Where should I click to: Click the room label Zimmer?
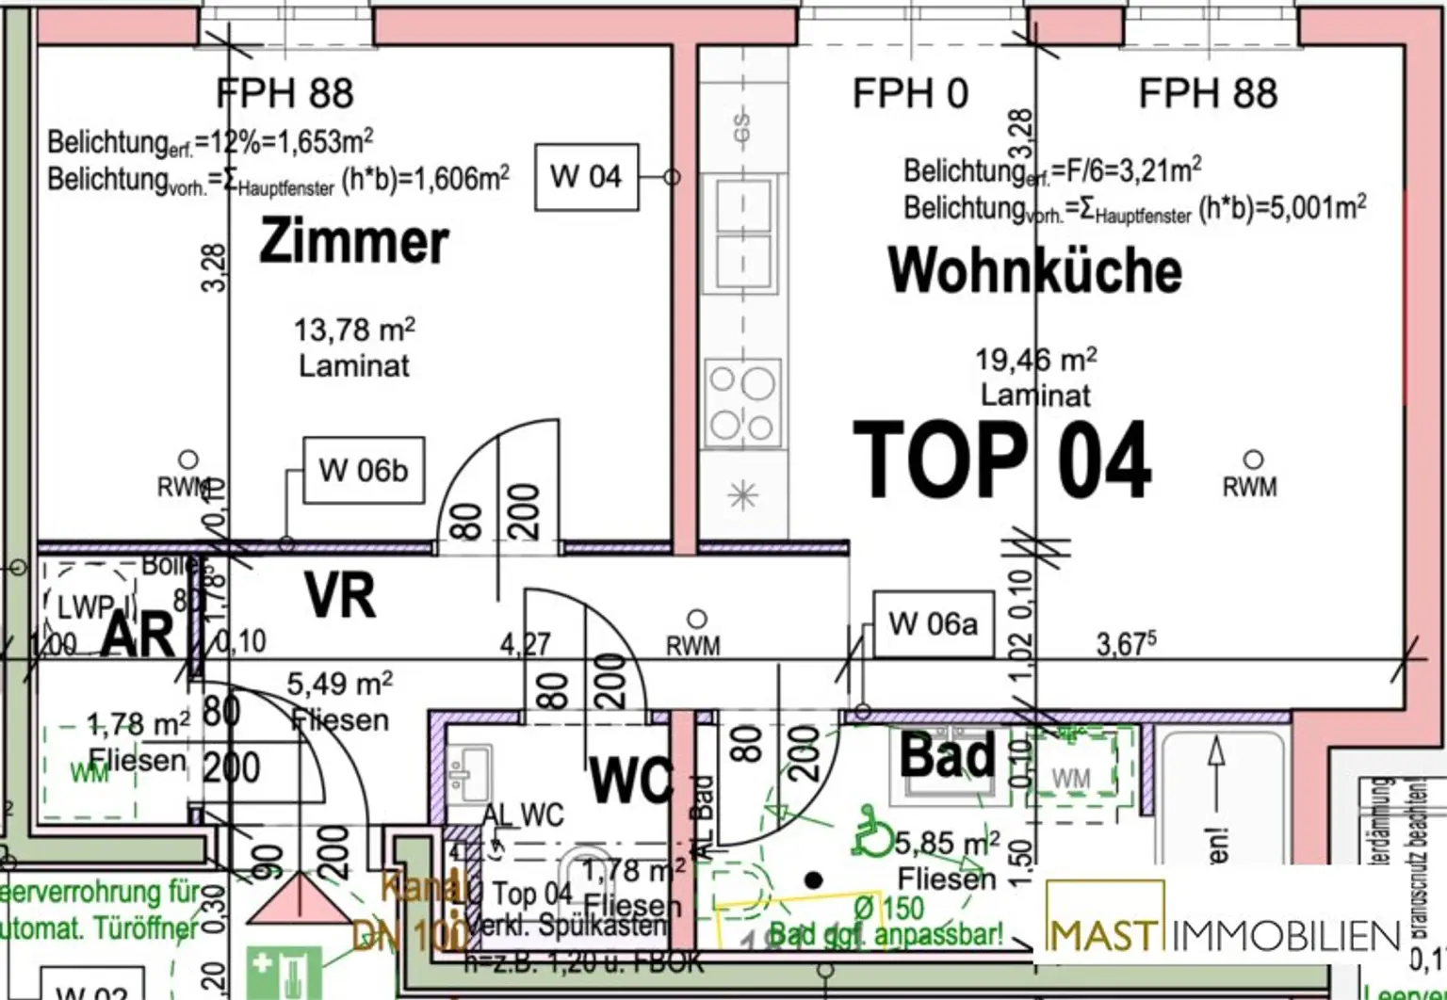tap(353, 241)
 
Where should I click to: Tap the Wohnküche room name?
tap(1034, 270)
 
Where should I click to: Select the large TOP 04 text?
tap(1001, 460)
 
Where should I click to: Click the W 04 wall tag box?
tap(586, 176)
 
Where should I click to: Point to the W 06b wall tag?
tap(363, 470)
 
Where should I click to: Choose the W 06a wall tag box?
tap(933, 623)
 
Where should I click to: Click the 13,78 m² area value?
tap(354, 330)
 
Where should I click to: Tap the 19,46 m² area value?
tap(1035, 360)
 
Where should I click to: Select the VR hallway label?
tap(340, 595)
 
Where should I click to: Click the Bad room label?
tap(947, 754)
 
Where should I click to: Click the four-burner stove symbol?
tap(742, 403)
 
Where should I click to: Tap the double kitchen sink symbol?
tap(742, 234)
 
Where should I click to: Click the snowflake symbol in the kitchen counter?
tap(743, 494)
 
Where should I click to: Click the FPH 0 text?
tap(909, 94)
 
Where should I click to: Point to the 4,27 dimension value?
tap(525, 644)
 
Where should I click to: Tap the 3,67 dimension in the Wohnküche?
tap(1126, 644)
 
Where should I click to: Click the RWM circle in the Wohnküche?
tap(1253, 460)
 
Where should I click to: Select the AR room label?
tap(138, 636)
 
